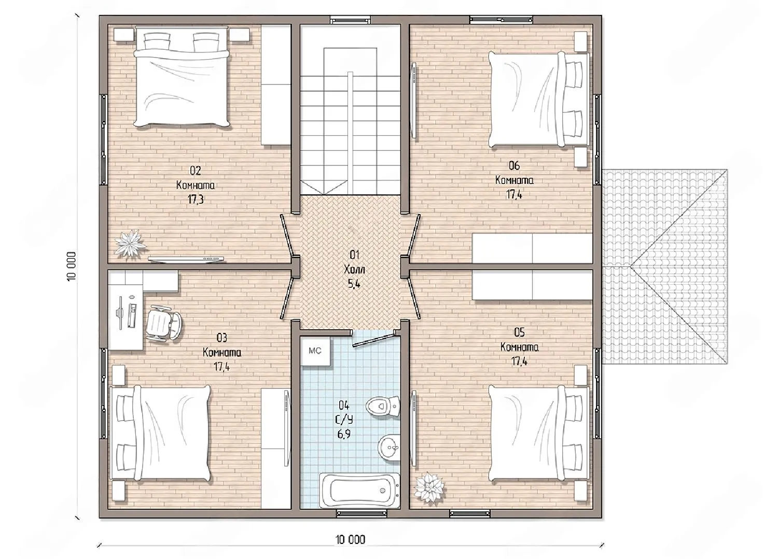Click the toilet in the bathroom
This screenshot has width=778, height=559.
pos(383,405)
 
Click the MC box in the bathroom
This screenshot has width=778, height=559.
pos(315,351)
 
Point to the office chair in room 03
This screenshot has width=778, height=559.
pos(164,323)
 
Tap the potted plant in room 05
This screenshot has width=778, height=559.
pos(430,487)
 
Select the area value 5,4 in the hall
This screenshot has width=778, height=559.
pos(354,284)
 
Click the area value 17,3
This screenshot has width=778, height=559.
pos(196,199)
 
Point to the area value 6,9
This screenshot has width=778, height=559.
pos(343,434)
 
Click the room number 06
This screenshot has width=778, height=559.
pos(514,165)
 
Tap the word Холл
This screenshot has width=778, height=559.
pos(354,270)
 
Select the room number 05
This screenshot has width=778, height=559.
pos(519,332)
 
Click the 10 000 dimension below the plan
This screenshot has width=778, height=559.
pos(351,539)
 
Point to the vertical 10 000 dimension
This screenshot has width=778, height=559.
pos(71,267)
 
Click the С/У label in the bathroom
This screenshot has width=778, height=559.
pos(343,420)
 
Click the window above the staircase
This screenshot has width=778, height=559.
pos(350,20)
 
